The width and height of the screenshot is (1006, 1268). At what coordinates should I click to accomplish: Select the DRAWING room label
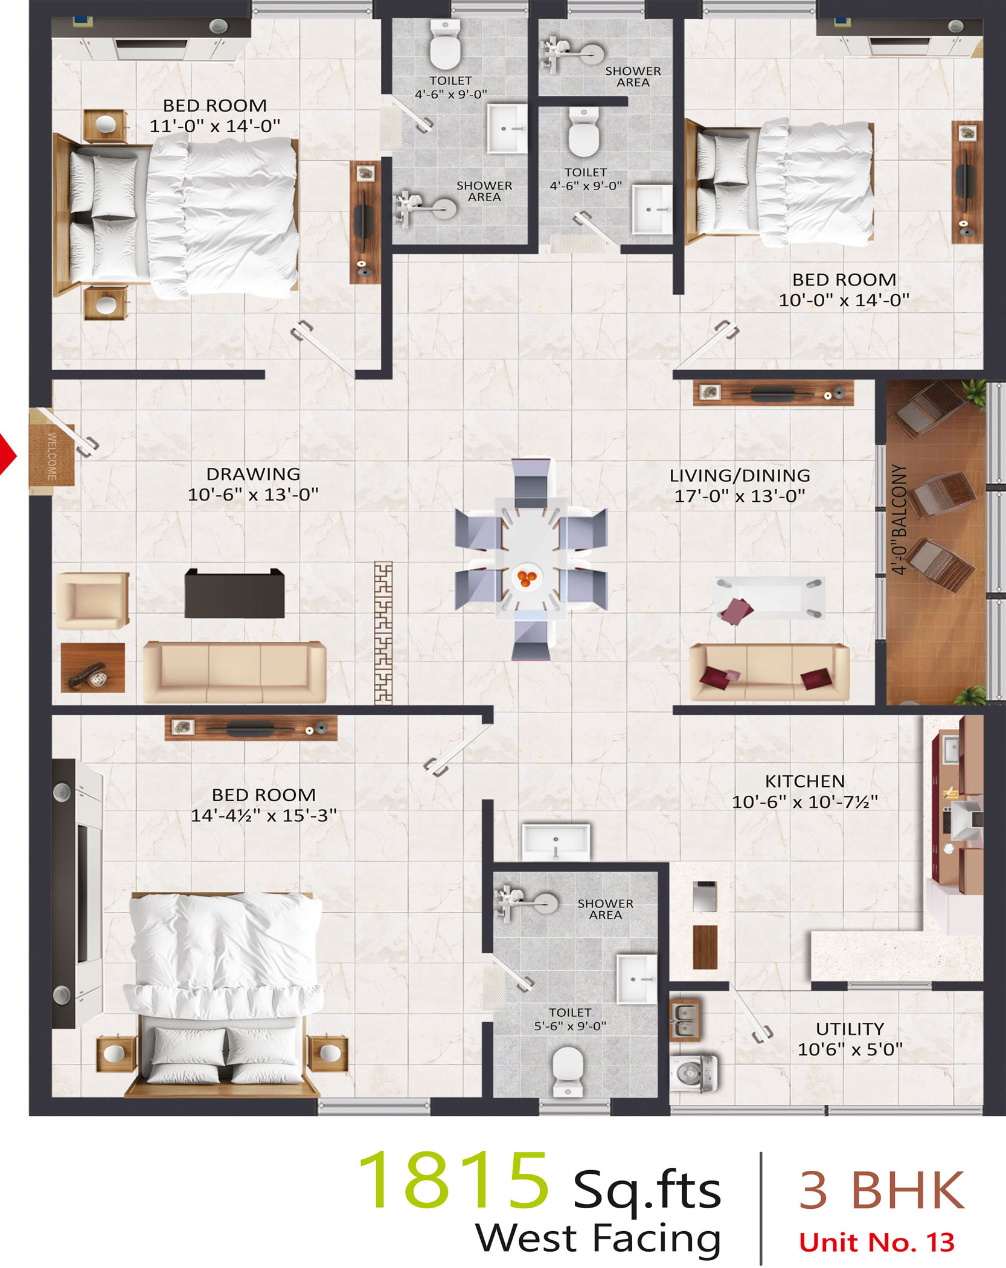pos(253,474)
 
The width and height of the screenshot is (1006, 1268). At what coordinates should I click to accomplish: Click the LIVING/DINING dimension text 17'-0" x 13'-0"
pos(740,496)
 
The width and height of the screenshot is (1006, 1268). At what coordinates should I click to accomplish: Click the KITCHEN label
pos(805,781)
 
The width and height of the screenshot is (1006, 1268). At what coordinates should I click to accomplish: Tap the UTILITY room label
pos(850,1029)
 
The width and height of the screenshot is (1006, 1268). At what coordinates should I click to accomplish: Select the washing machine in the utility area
pos(694,1073)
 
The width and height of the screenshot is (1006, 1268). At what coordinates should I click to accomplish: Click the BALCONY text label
pos(899,519)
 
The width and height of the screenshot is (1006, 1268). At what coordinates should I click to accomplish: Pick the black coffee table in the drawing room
pos(234,593)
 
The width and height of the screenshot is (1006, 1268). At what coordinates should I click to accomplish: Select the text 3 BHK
pos(882,1190)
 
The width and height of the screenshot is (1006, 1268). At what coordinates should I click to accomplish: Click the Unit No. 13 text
pos(877,1243)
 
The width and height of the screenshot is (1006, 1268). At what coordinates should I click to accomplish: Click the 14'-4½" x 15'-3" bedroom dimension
pos(264,816)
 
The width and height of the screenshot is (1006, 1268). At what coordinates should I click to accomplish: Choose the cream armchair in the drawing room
pos(92,601)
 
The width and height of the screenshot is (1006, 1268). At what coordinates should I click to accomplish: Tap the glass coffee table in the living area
pos(769,598)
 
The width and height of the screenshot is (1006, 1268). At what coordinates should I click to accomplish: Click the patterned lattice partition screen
pos(383,633)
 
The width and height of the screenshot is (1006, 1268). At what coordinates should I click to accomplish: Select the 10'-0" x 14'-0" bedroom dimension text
pos(844,300)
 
